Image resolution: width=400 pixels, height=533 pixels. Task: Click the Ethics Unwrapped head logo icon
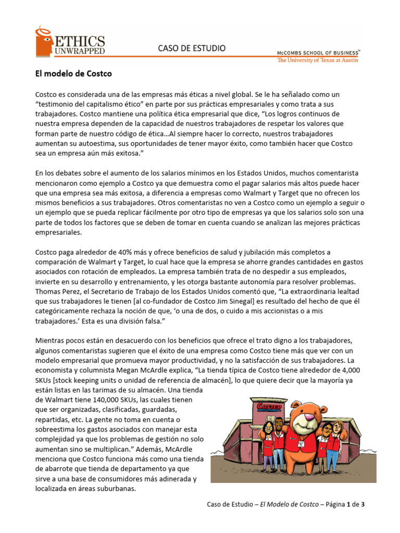pyautogui.click(x=44, y=42)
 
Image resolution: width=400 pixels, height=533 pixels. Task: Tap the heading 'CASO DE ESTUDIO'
pyautogui.click(x=192, y=48)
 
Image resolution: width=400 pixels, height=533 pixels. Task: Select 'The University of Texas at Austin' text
pyautogui.click(x=318, y=60)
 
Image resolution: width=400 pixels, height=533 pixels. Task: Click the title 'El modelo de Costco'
pyautogui.click(x=73, y=74)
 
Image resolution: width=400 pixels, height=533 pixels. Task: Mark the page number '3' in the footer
pyautogui.click(x=369, y=504)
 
